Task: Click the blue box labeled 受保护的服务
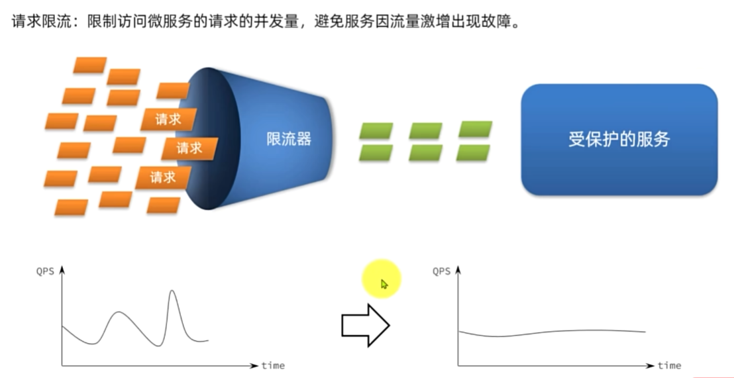pos(619,139)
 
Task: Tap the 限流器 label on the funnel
pos(288,139)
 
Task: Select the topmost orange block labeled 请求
pos(169,120)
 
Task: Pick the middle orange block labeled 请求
pos(189,148)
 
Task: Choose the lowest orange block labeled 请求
pos(163,177)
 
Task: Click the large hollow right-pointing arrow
pos(364,325)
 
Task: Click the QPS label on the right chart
pos(442,271)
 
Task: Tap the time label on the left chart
pos(273,365)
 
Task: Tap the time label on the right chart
pos(669,365)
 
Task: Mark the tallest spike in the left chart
pos(173,292)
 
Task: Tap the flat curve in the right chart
pos(550,332)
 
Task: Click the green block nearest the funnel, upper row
pos(376,130)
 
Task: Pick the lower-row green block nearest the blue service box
pos(474,153)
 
